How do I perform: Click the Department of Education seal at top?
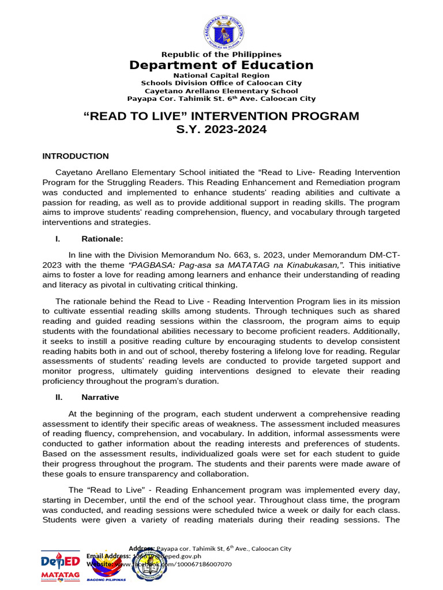[221, 29]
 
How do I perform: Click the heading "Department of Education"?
[221, 65]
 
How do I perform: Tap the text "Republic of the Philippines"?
[221, 55]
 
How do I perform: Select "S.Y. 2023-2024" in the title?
[221, 130]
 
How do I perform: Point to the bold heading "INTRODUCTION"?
[76, 156]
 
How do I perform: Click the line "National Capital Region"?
[221, 75]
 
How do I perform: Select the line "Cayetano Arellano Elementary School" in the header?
[221, 91]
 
